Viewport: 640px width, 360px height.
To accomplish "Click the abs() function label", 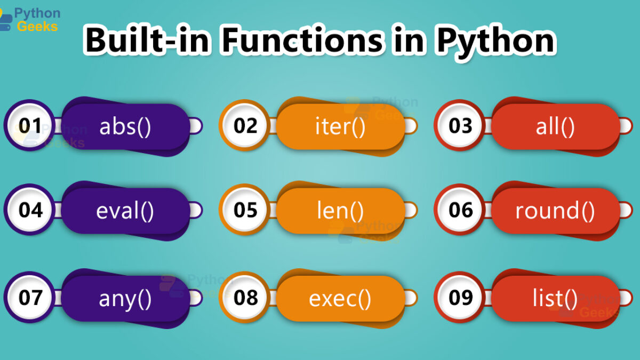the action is [125, 127].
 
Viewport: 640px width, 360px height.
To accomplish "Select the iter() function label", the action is [340, 127].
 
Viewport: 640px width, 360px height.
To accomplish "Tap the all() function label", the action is [555, 127].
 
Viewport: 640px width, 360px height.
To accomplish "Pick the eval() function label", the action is [125, 211].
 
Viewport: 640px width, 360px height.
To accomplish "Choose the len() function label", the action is [340, 211].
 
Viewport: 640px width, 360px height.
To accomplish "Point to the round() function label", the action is [555, 211].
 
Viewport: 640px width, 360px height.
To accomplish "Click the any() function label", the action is [125, 299].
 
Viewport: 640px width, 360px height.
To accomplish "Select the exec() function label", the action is [340, 299].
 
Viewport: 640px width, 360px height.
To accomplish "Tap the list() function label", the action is [555, 299].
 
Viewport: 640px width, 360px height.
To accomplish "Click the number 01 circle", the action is [29, 125].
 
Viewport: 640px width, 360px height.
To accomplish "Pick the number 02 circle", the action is [244, 125].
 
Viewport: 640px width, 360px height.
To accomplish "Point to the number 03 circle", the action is [459, 125].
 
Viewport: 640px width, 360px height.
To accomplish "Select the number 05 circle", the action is [244, 210].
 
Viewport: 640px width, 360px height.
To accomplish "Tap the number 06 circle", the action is [459, 210].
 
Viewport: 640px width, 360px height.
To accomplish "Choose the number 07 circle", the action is [29, 297].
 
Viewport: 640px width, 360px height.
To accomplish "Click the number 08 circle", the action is [244, 297].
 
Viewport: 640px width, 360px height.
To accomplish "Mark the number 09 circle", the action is [459, 297].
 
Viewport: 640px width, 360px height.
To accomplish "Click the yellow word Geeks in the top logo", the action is [37, 27].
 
